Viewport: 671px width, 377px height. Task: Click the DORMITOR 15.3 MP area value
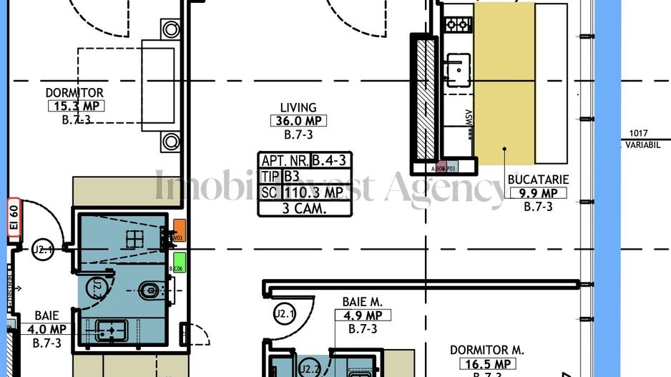point(75,107)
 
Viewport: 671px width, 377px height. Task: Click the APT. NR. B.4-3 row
point(305,160)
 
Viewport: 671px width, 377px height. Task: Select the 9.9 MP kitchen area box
point(537,192)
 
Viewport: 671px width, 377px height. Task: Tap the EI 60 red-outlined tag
point(12,214)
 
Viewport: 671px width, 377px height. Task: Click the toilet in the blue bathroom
point(150,290)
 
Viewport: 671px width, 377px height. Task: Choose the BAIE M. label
point(363,303)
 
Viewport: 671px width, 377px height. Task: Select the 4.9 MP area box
point(363,315)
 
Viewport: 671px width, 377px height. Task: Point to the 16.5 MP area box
point(486,364)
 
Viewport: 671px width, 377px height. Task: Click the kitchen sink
point(455,69)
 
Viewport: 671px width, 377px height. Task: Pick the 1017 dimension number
point(640,132)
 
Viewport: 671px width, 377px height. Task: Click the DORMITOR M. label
point(487,350)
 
